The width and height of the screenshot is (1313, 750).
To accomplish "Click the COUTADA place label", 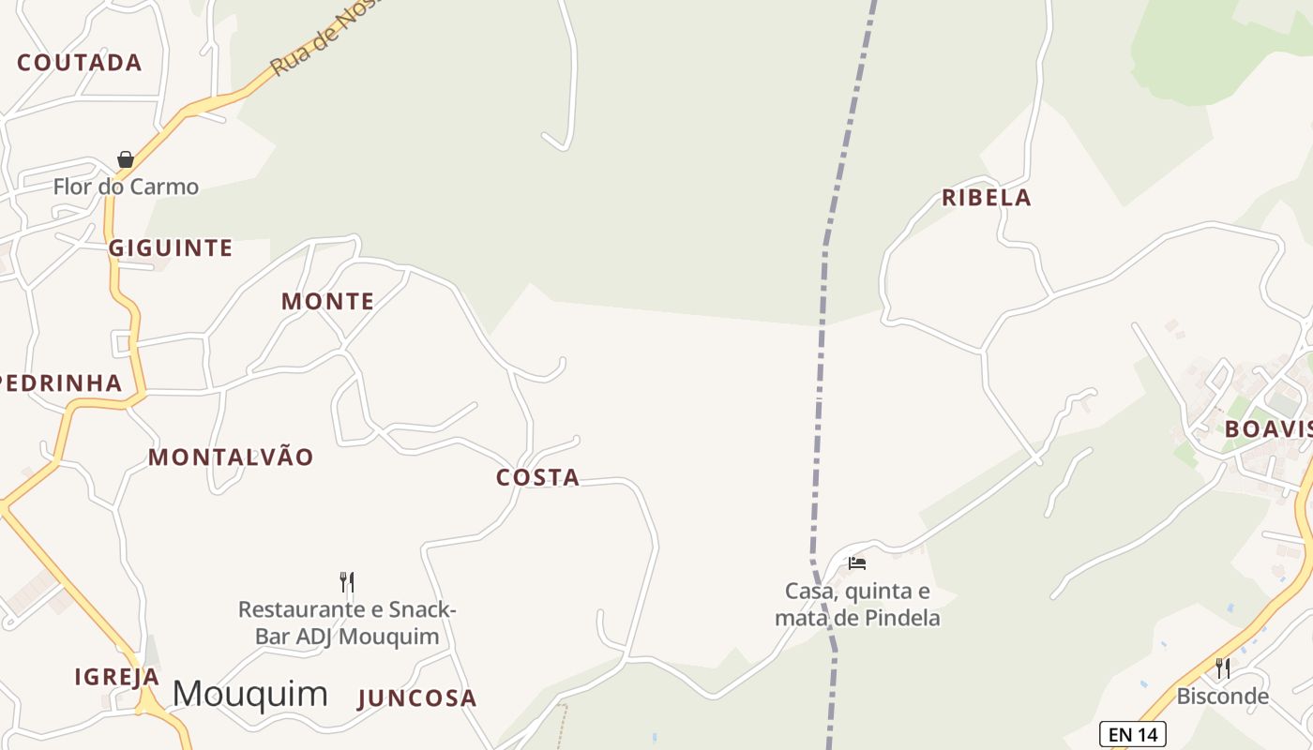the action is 80,63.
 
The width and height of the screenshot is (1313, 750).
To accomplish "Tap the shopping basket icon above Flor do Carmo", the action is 126,159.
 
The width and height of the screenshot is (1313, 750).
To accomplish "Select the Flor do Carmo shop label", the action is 126,187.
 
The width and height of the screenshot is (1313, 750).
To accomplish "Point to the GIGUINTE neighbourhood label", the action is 171,248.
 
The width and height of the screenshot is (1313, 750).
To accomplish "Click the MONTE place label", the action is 328,302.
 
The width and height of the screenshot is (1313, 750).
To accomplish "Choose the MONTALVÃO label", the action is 231,457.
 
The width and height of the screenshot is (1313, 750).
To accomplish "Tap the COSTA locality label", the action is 537,478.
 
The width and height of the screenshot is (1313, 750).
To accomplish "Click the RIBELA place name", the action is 987,198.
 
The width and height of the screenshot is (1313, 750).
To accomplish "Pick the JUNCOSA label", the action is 417,698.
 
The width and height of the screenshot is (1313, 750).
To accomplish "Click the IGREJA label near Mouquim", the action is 117,677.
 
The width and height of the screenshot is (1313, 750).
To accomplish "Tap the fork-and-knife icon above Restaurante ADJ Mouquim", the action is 347,582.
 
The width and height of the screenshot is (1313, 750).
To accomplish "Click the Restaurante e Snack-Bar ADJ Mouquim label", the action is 347,623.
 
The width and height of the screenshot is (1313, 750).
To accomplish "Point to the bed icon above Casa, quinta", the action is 857,563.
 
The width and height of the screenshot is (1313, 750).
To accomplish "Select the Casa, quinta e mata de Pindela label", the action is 857,605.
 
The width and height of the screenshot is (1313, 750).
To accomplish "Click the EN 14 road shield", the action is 1132,734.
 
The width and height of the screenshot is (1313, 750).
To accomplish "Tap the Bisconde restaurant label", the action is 1222,697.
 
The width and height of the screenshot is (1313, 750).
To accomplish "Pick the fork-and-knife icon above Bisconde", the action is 1223,668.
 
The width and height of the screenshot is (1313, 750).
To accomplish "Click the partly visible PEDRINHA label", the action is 60,383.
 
